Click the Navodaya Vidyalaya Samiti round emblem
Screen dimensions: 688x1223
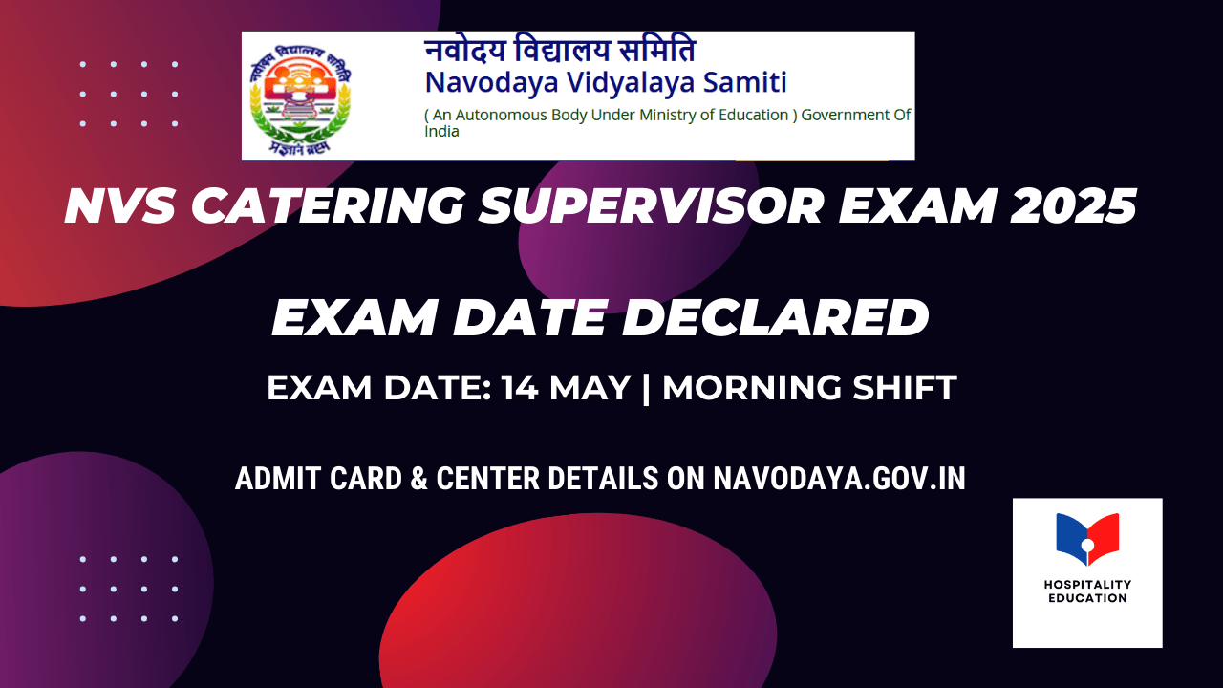pyautogui.click(x=300, y=97)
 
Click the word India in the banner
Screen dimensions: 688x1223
pyautogui.click(x=441, y=132)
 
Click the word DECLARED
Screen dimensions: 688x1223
pyautogui.click(x=776, y=318)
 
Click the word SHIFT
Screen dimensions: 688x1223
pyautogui.click(x=907, y=388)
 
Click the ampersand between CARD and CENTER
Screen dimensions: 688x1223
pyautogui.click(x=418, y=479)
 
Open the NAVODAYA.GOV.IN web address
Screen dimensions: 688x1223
pyautogui.click(x=839, y=479)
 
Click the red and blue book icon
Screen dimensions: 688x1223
pyautogui.click(x=1087, y=538)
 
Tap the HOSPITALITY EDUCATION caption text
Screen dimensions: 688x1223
pyautogui.click(x=1087, y=591)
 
